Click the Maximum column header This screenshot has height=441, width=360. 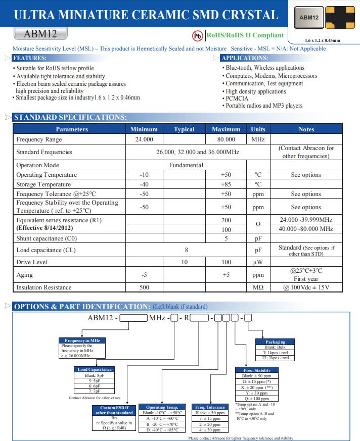[226, 129]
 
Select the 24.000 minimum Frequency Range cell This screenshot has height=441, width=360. [144, 139]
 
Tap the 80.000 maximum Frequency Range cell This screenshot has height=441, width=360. [226, 139]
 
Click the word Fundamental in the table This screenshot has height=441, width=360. [186, 165]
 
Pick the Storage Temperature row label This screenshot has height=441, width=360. [43, 184]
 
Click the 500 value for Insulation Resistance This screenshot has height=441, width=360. [144, 287]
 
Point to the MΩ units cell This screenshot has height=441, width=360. [258, 287]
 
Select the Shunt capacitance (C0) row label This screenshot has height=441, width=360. [47, 238]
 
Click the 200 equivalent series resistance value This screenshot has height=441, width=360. [226, 220]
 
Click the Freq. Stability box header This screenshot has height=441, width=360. [256, 370]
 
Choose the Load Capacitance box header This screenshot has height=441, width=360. [94, 369]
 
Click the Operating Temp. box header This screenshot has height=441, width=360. [162, 407]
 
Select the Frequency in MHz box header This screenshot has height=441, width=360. [80, 340]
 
